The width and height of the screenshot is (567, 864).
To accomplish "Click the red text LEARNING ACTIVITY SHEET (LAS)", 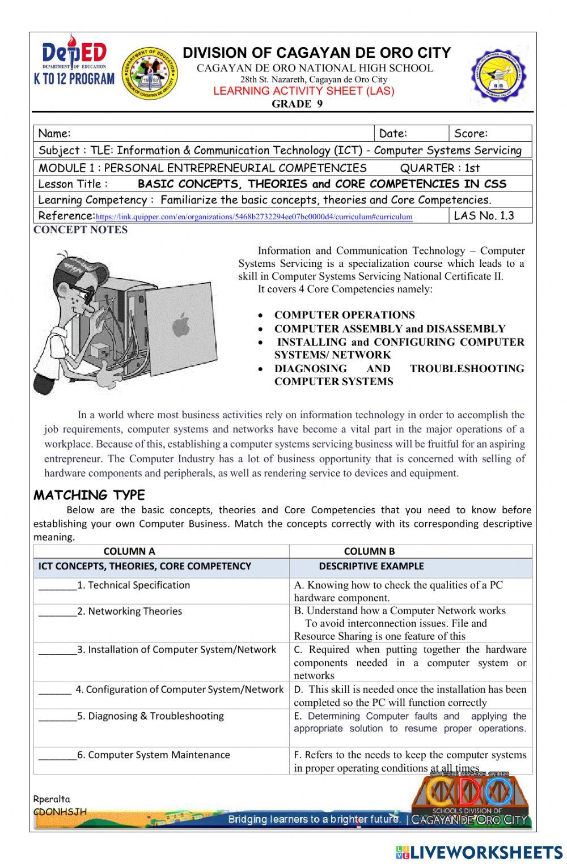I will point(303,91).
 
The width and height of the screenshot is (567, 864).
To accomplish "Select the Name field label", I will point(54,134).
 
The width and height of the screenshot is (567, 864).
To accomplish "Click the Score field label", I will point(471,134).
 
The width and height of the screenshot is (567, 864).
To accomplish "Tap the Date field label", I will point(393,134).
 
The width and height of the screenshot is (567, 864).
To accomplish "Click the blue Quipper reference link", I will point(254,217).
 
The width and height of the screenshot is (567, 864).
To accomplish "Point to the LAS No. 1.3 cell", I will point(484,215).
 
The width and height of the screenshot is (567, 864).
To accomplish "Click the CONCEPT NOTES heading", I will point(81,230).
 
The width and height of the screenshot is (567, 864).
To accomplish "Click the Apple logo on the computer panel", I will point(180,327).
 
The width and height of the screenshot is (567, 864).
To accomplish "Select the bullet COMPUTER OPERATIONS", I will point(344,315).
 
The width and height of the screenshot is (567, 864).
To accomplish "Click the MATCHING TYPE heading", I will point(89,495).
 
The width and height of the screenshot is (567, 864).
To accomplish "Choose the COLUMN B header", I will point(369,551).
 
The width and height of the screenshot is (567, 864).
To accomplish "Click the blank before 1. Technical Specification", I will point(57,586).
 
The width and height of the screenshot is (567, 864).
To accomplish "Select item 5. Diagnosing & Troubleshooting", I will point(150,716).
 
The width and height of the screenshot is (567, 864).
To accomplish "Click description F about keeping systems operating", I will point(409,761).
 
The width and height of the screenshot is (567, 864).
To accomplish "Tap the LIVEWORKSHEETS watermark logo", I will point(479,852).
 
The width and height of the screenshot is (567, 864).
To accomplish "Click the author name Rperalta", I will point(52,799).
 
